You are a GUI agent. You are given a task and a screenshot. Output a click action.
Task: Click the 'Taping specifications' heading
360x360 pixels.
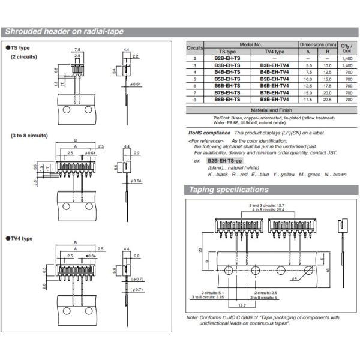[229, 190]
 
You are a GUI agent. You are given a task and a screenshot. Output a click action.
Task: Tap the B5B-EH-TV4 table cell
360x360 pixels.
[274, 79]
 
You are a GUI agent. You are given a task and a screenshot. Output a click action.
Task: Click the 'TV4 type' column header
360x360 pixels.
[274, 52]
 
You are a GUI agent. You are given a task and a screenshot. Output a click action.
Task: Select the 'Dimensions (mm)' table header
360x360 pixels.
[317, 45]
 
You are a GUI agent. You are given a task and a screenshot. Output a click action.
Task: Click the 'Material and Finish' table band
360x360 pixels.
[271, 111]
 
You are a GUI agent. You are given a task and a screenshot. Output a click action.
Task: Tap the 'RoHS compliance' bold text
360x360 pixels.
[209, 133]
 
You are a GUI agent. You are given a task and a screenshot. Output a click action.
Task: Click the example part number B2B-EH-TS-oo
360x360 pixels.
[224, 161]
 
